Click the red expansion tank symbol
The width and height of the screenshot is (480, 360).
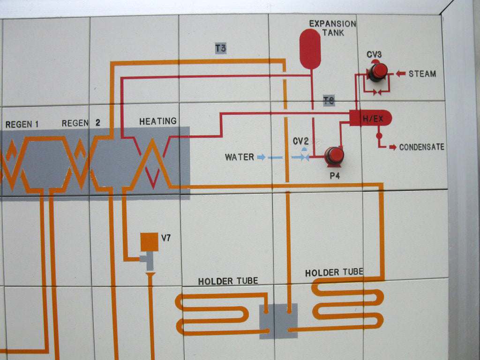pos(310,49)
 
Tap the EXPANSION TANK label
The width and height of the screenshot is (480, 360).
pos(332,28)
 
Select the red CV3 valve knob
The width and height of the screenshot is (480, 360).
pos(378,72)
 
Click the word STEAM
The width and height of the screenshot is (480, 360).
pos(422,74)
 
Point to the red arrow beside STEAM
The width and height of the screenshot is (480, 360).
pos(400,73)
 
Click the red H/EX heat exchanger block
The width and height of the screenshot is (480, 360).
pos(370,119)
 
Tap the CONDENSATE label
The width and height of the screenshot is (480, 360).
pos(421,147)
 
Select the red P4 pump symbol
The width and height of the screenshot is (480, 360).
pos(334,156)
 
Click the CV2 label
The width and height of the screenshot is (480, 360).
pos(300,141)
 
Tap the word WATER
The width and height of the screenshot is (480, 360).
pos(240,157)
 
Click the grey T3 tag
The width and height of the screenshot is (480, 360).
pos(221,48)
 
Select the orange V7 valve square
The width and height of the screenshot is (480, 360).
pos(149,241)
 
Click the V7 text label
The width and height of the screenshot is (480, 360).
pos(166,238)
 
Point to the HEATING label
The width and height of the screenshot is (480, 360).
pos(158,121)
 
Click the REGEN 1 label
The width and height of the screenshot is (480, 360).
pos(22,124)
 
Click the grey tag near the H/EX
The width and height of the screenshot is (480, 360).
pos(329,101)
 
